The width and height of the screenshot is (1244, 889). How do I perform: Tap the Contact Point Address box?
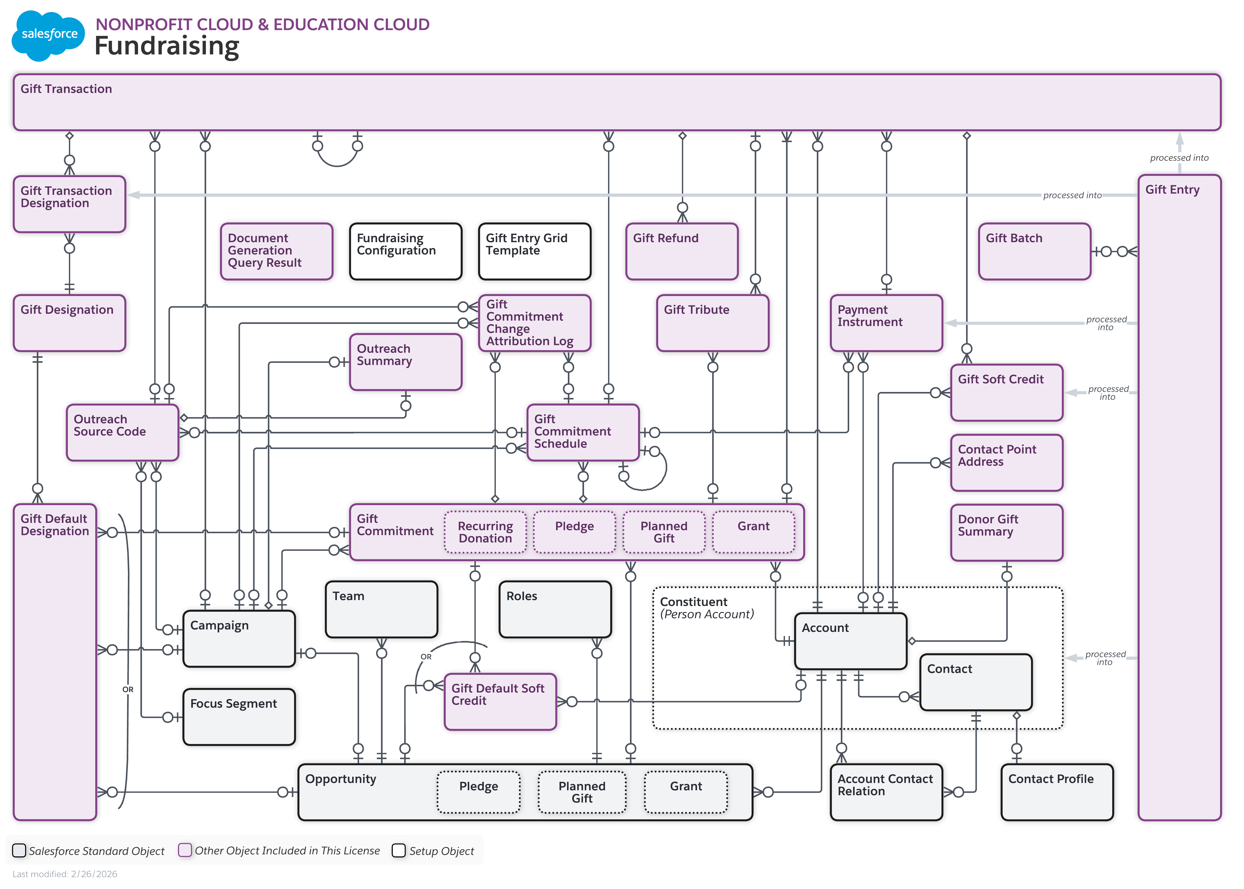coord(1006,463)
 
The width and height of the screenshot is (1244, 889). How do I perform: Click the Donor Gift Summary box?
coord(1006,532)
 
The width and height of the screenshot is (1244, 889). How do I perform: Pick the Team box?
coord(381,609)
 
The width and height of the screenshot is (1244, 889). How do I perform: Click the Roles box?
coord(555,609)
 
